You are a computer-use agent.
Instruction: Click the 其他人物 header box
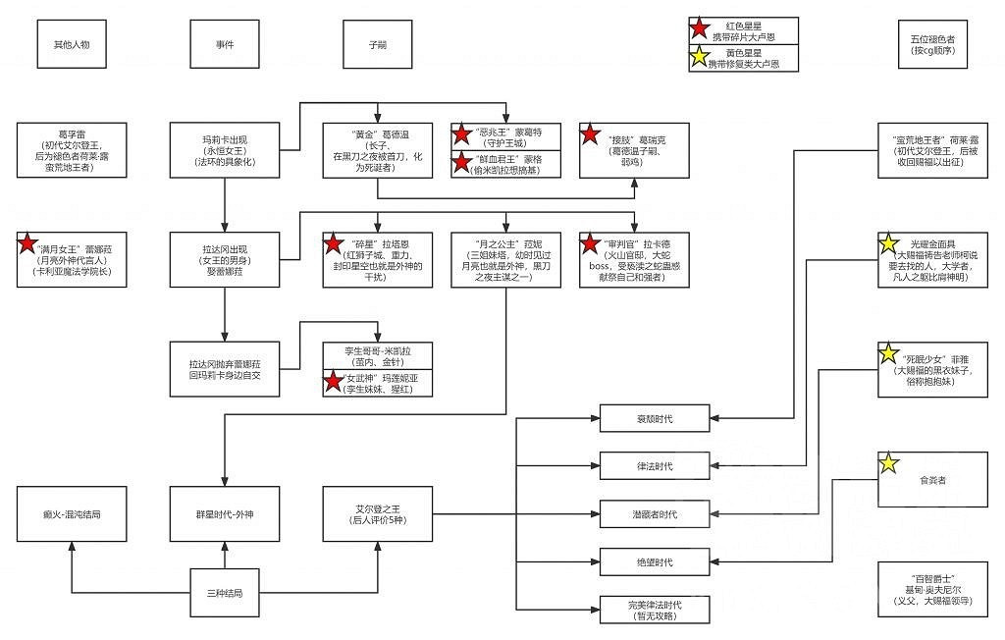pos(72,44)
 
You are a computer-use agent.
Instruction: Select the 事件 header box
pos(225,44)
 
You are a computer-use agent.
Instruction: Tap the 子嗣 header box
pos(378,44)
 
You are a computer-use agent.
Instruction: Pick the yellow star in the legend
pos(703,58)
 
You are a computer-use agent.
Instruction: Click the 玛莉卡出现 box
pos(225,149)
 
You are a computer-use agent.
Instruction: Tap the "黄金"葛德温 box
pos(378,149)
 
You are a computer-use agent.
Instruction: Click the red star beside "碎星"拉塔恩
pos(335,242)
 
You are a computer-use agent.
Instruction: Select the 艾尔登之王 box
pos(378,513)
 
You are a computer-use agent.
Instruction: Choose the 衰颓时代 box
pos(654,419)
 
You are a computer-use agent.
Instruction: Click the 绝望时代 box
pos(654,561)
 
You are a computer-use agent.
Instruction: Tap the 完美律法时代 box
pos(654,610)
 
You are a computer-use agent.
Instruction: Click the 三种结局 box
pos(225,594)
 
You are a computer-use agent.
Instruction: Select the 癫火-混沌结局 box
pos(72,513)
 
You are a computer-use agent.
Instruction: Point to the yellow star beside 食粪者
pos(889,463)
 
